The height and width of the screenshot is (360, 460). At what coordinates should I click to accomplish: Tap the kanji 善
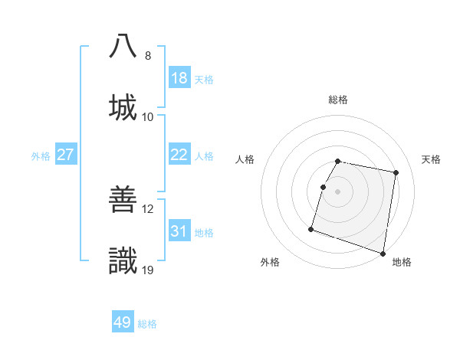[x=123, y=199]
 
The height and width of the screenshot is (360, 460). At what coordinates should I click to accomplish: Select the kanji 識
[x=123, y=260]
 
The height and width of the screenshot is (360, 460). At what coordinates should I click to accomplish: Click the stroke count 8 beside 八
[x=148, y=56]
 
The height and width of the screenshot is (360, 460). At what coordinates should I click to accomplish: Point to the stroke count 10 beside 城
[x=148, y=117]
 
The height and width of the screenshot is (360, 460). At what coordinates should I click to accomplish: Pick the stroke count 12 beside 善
[x=148, y=209]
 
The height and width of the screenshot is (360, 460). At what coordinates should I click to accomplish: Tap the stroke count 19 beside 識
[x=148, y=270]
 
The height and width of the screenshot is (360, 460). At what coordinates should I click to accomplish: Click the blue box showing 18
[x=179, y=78]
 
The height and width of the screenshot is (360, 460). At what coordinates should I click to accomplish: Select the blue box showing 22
[x=179, y=155]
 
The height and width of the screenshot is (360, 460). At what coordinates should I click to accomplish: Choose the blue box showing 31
[x=179, y=231]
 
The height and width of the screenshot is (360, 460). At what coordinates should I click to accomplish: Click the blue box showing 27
[x=66, y=155]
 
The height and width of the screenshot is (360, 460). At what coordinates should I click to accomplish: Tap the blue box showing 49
[x=123, y=322]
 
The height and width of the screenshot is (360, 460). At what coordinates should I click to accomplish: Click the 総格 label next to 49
[x=147, y=324]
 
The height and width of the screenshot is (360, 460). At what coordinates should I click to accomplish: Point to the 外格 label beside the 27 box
[x=41, y=156]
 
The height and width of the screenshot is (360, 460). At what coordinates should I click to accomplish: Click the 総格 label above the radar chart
[x=338, y=100]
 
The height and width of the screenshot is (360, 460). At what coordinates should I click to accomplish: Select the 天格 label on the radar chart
[x=432, y=159]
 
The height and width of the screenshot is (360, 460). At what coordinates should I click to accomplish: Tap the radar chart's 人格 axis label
[x=245, y=159]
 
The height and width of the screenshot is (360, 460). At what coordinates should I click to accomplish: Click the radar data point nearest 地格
[x=383, y=253]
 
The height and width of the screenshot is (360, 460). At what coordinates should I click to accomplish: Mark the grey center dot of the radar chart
[x=338, y=191]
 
